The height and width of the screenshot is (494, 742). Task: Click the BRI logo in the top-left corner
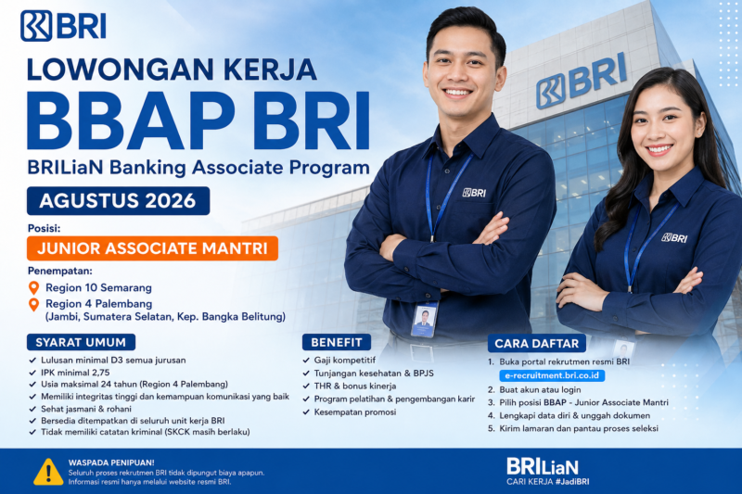pos(63,26)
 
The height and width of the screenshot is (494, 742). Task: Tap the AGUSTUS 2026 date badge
pos(118,201)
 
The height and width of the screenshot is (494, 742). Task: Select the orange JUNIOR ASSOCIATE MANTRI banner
pos(152,248)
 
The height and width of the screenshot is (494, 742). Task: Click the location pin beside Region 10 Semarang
pos(33,288)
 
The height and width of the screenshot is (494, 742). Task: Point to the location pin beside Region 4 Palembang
pos(33,304)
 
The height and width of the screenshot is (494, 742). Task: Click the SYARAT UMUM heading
pos(81,342)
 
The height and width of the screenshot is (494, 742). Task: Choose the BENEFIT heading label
pos(337,342)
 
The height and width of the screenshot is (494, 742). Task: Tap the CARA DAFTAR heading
pos(537,344)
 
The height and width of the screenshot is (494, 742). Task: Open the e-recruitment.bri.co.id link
pos(552,375)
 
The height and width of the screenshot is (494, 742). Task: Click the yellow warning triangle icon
pos(48,472)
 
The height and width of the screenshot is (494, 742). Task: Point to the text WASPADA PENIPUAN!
pos(111,462)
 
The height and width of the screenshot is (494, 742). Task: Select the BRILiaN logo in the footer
pos(543,466)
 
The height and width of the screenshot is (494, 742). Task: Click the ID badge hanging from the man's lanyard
pos(424,320)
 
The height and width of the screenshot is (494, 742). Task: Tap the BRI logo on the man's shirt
pos(474,193)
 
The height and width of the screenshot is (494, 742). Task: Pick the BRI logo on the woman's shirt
pos(674,238)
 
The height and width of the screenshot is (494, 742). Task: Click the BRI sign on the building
pos(582,81)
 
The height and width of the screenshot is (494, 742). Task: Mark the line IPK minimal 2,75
pos(75,373)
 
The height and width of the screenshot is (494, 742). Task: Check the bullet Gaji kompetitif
pos(345,361)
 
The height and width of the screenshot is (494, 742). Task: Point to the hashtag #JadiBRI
pos(572,482)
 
